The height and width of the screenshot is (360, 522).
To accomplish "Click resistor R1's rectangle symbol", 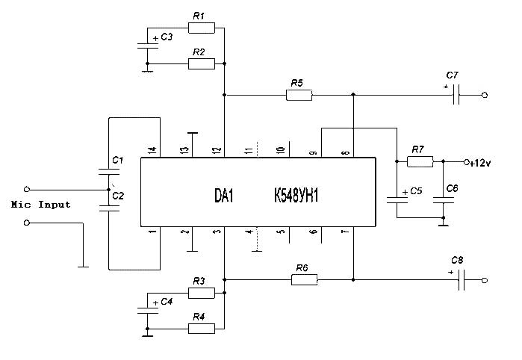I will click(x=201, y=28).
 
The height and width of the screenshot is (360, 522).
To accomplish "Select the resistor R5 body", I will click(x=299, y=95).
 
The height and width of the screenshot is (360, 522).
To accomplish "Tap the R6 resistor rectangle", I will click(x=304, y=280).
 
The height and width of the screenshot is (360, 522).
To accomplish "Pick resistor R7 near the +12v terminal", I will click(x=420, y=161).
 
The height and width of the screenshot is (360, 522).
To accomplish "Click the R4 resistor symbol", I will click(x=201, y=328).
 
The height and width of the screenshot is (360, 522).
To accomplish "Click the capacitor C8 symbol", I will click(x=463, y=280).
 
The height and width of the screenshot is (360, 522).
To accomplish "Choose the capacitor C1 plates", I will click(x=109, y=172).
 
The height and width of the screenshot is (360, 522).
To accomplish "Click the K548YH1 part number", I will click(x=298, y=195).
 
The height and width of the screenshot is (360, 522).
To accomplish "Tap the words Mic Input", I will click(x=41, y=205).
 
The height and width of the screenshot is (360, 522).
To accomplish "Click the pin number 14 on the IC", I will click(x=153, y=150).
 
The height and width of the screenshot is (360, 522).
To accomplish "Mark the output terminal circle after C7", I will click(x=485, y=95).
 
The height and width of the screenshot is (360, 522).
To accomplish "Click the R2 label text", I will click(x=198, y=52).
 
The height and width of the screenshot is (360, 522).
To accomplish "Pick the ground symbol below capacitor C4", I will click(x=149, y=334).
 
